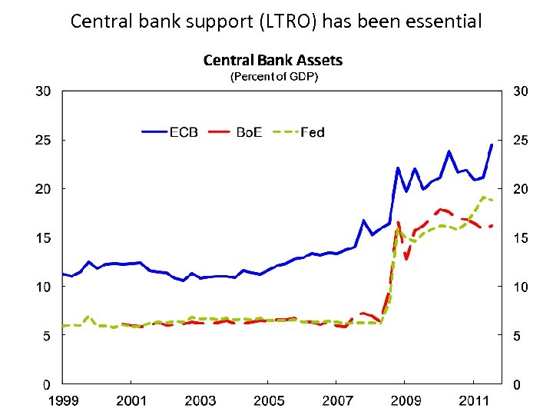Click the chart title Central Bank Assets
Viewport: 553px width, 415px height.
(x=273, y=60)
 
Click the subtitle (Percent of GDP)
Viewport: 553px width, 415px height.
(x=274, y=77)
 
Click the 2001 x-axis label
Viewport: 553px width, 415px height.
(x=131, y=400)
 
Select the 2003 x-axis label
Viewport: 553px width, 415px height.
(x=200, y=400)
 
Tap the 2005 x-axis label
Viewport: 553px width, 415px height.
(x=268, y=400)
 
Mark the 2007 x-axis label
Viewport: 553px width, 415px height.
(x=337, y=400)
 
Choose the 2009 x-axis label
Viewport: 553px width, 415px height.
(x=406, y=400)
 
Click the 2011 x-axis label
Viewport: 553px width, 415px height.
(x=474, y=400)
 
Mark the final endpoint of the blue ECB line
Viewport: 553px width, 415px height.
(x=492, y=144)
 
